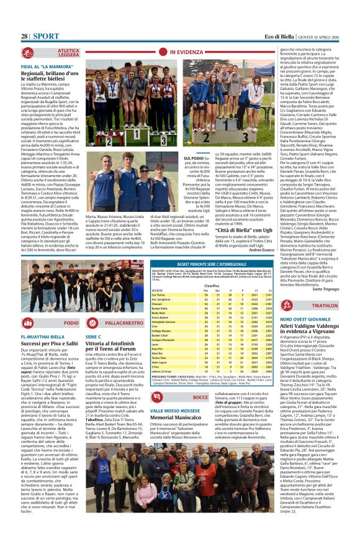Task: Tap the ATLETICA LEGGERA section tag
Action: click(x=68, y=53)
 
